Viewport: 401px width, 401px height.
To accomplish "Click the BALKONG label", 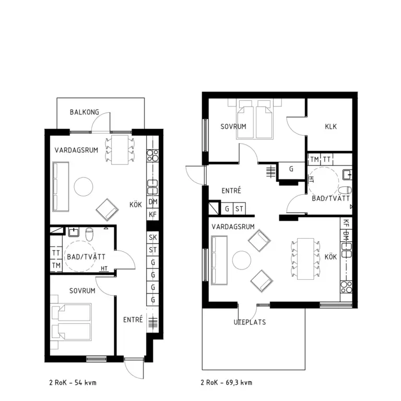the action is (85, 112).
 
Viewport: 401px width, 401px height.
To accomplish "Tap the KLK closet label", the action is (331, 126).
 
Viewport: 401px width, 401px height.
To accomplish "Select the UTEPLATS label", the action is (250, 322).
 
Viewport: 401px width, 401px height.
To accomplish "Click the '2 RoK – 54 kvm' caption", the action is (73, 383).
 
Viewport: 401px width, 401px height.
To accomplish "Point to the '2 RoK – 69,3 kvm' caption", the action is (226, 383).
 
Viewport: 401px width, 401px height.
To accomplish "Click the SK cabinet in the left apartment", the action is (152, 238).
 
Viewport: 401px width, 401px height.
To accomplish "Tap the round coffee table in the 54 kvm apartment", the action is (84, 187).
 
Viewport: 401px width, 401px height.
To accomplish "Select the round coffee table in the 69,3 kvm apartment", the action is (242, 260).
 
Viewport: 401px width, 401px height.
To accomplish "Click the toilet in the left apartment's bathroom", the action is (89, 234).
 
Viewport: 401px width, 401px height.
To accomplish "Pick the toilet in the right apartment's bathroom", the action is (345, 190).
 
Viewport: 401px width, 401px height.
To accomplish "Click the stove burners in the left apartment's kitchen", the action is (152, 156).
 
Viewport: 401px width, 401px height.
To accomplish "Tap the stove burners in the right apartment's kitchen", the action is (346, 287).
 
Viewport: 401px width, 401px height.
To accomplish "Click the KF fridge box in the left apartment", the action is (152, 214).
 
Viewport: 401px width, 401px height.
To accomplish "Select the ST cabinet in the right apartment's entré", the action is (239, 209).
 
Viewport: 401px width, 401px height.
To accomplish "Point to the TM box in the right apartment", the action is (314, 160).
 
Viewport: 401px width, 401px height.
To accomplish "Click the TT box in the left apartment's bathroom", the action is (56, 253).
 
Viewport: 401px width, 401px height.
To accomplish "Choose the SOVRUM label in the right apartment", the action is (233, 126).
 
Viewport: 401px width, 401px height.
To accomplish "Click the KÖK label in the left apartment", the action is (136, 205).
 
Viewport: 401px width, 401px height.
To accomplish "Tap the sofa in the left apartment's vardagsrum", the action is (61, 187).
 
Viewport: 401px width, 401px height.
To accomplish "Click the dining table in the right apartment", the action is (305, 259).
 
